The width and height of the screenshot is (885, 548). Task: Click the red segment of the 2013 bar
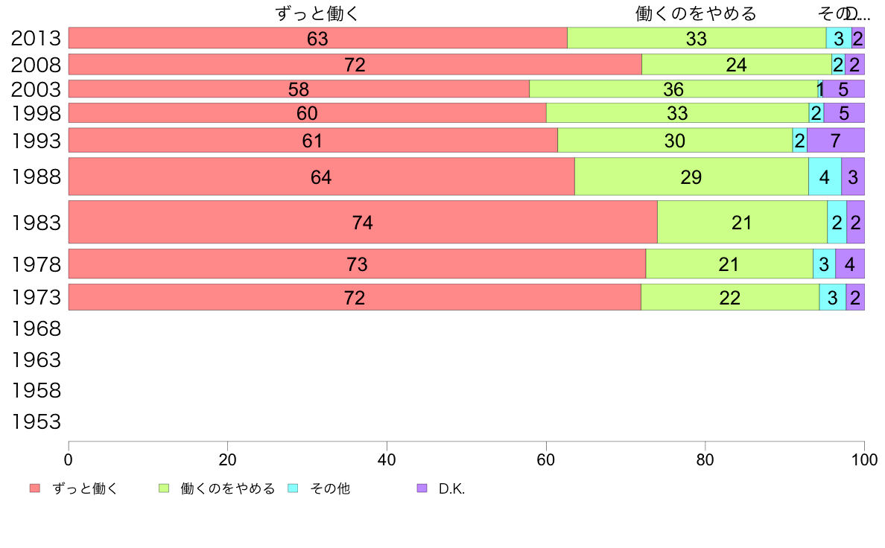click(223, 38)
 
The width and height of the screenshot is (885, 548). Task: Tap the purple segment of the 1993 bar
click(835, 140)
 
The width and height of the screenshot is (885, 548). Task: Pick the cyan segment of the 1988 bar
click(825, 176)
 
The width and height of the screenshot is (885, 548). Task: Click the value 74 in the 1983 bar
click(362, 222)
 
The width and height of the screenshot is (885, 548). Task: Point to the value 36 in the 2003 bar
click(673, 89)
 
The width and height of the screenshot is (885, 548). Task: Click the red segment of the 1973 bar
click(223, 297)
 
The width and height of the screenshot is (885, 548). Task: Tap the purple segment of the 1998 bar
click(843, 113)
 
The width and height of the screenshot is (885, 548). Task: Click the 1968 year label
click(36, 328)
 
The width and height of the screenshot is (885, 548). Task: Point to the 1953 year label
click(36, 422)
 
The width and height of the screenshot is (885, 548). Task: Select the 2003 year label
click(36, 89)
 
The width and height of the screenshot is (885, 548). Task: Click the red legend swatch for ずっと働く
click(34, 488)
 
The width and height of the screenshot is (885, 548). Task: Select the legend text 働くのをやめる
click(228, 488)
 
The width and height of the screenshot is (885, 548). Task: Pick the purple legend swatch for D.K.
click(422, 488)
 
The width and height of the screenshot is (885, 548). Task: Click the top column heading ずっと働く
click(317, 13)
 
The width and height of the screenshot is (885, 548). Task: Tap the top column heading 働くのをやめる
click(696, 13)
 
